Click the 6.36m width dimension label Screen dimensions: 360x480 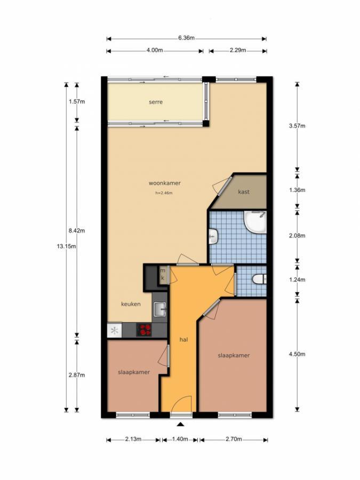tap(187, 38)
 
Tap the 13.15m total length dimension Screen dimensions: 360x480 tap(66, 246)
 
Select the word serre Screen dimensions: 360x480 tap(156, 102)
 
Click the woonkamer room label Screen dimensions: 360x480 tap(165, 183)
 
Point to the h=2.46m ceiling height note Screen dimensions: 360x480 tap(164, 193)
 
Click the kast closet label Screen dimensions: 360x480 tap(244, 192)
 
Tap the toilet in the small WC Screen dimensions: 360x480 tap(259, 279)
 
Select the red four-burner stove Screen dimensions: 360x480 tap(144, 330)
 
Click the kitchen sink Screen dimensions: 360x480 tap(159, 309)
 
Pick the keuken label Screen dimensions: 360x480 tap(131, 304)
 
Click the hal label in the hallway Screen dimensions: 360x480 tap(183, 340)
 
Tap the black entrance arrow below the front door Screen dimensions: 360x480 tap(181, 425)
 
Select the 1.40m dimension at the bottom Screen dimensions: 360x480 tap(180, 439)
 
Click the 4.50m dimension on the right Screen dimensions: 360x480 tap(297, 354)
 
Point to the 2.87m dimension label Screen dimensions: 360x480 tap(77, 375)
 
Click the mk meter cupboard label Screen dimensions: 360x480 tap(163, 274)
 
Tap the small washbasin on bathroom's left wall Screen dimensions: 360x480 tap(213, 237)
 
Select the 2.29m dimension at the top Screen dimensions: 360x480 tap(238, 51)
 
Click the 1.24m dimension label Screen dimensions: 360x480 tap(297, 279)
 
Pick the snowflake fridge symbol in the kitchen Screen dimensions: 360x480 tap(115, 331)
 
